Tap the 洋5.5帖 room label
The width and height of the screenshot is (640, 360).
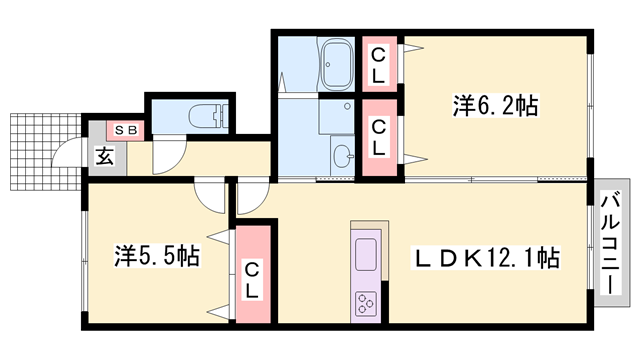(x=155, y=257)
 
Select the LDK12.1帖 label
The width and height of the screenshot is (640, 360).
(x=487, y=258)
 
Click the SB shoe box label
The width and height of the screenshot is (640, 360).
(x=127, y=130)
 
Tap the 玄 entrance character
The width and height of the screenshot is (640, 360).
(x=104, y=155)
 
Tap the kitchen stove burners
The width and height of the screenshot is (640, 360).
(x=365, y=301)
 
